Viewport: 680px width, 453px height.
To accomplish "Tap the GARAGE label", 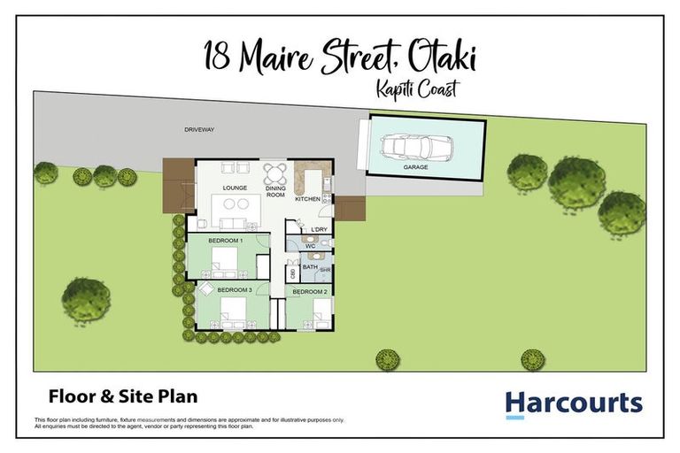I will pyautogui.click(x=416, y=166).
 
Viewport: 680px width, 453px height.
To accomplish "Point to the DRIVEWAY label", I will pyautogui.click(x=199, y=129).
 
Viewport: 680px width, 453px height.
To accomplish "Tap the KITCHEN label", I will pyautogui.click(x=306, y=199).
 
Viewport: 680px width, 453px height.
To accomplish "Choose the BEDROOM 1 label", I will pyautogui.click(x=225, y=241).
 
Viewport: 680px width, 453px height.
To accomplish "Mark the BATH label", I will pyautogui.click(x=310, y=266).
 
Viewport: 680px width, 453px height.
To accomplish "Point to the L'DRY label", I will pyautogui.click(x=319, y=230).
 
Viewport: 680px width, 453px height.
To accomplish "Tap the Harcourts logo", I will pyautogui.click(x=574, y=404).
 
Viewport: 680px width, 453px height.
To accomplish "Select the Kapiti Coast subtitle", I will pyautogui.click(x=416, y=89).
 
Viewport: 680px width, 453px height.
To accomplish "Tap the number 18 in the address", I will pyautogui.click(x=218, y=59).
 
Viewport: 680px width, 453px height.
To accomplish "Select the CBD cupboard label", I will pyautogui.click(x=292, y=273).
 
